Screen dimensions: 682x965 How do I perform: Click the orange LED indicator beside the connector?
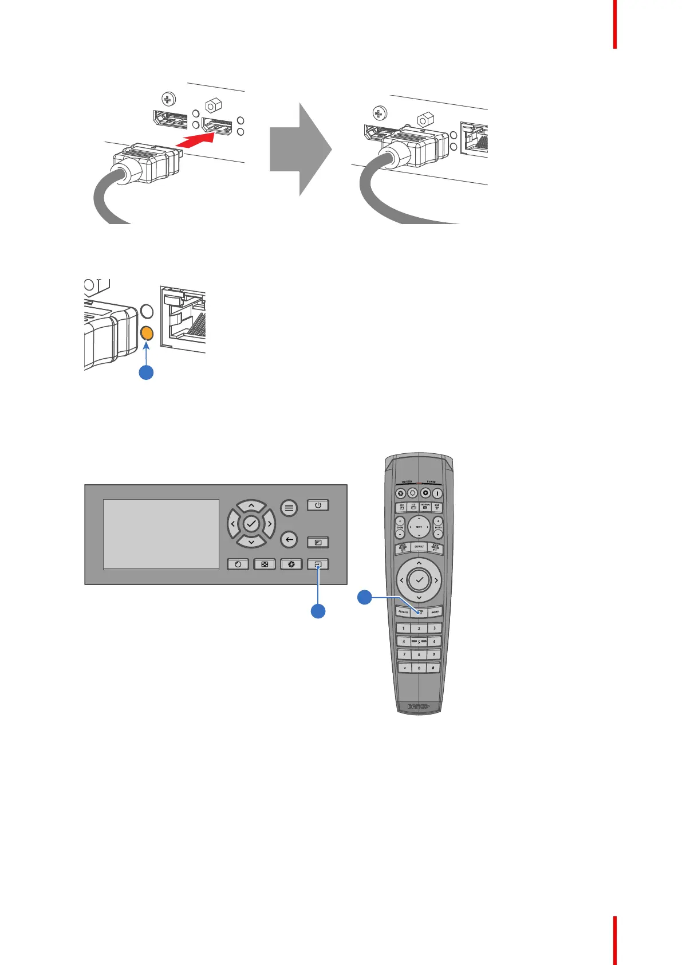pos(147,332)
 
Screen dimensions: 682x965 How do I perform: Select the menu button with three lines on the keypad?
pos(289,508)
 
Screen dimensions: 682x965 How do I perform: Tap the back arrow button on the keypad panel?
pos(289,540)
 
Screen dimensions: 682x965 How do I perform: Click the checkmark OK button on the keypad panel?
pos(251,524)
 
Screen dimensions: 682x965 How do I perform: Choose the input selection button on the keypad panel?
pos(318,564)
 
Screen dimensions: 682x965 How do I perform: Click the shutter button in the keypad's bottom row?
pos(291,564)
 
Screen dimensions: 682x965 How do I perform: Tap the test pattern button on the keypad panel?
pos(265,564)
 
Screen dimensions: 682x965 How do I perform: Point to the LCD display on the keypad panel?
pos(161,534)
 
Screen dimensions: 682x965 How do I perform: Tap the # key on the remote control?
pos(434,668)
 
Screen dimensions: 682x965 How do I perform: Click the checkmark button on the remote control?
pos(419,580)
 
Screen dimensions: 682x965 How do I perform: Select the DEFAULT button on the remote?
pos(419,547)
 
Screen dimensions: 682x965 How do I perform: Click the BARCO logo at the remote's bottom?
pos(419,707)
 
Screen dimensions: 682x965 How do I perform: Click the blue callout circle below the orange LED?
pos(147,372)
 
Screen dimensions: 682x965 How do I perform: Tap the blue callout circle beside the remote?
pos(364,597)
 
